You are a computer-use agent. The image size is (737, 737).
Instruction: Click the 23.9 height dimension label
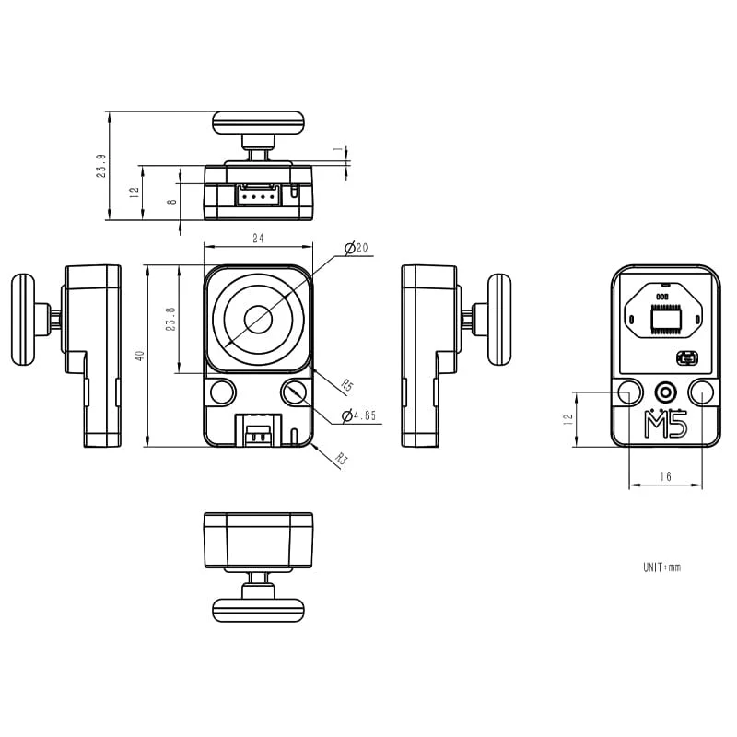click(100, 166)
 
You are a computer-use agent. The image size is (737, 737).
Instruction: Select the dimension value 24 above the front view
click(258, 239)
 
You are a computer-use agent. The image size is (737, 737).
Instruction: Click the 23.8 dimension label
click(170, 320)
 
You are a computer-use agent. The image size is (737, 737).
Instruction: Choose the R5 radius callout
click(346, 384)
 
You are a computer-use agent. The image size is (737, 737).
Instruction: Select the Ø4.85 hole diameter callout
click(359, 416)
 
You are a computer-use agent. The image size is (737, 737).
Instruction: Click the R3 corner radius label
click(341, 458)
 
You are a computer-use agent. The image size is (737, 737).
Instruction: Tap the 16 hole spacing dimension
click(665, 476)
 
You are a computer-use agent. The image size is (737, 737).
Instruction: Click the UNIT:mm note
click(661, 567)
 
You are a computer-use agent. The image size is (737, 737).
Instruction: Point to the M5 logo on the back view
click(665, 426)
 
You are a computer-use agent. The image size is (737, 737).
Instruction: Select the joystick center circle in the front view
click(258, 320)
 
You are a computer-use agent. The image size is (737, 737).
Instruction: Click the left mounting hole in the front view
click(222, 392)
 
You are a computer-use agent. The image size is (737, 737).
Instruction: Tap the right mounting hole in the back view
click(701, 392)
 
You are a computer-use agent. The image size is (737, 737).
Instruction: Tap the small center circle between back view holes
click(665, 392)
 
